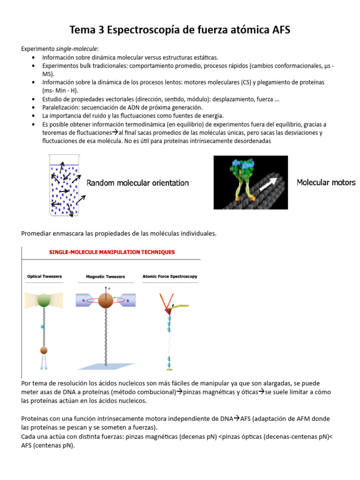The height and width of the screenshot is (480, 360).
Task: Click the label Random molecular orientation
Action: tap(138, 183)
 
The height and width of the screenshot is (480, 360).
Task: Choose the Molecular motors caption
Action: tap(326, 182)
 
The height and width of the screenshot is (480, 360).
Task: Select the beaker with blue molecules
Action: tap(64, 185)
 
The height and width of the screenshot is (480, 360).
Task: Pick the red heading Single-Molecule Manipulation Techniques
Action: tap(112, 252)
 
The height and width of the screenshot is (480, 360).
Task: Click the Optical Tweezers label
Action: tap(45, 277)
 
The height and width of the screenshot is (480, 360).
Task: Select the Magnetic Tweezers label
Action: tap(105, 277)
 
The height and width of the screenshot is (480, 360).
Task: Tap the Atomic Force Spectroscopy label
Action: tap(170, 277)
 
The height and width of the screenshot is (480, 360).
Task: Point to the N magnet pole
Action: tap(83, 300)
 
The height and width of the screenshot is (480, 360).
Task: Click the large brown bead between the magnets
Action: tap(105, 301)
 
